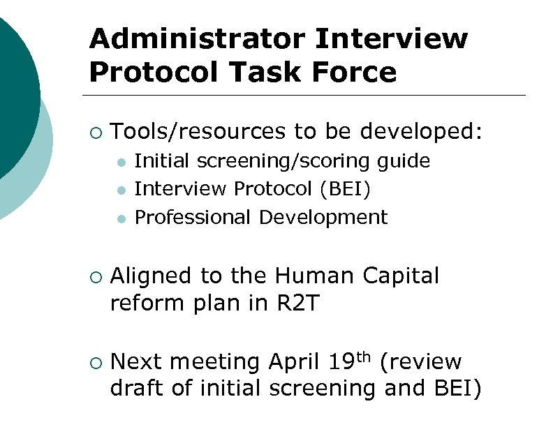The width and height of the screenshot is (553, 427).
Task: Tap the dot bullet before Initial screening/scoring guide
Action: tap(121, 163)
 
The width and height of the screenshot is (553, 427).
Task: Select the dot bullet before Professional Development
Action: tap(121, 219)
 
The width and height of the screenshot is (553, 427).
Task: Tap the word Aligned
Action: tap(151, 276)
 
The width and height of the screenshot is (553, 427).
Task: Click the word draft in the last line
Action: tap(136, 389)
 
